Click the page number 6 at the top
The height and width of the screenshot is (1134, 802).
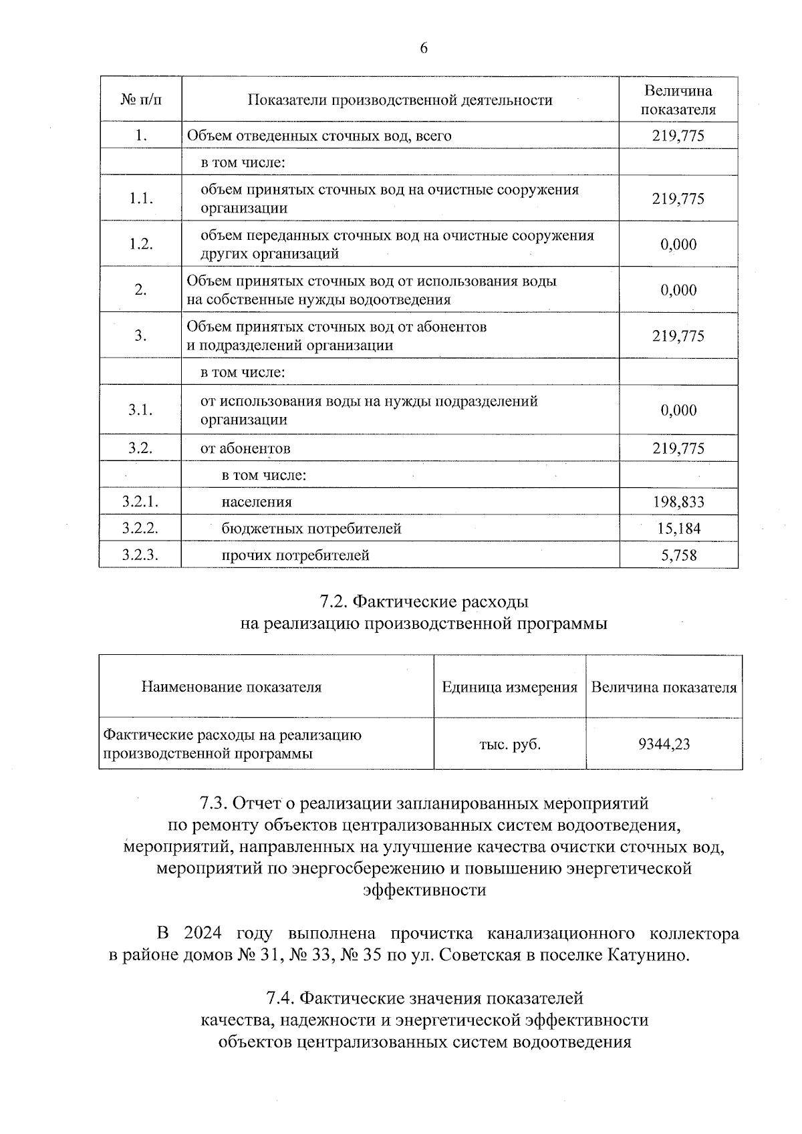[x=423, y=48]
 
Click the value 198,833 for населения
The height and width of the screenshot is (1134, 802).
[x=678, y=502]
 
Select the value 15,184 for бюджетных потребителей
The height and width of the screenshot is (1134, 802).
[x=678, y=529]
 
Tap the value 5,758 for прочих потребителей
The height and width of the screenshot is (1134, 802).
[x=678, y=555]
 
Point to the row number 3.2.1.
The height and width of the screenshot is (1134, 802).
[x=140, y=502]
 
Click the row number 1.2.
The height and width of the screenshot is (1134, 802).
[x=140, y=244]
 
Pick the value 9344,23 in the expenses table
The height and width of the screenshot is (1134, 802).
[x=664, y=744]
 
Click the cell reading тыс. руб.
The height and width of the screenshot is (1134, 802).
[x=510, y=744]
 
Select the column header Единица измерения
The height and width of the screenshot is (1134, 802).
[x=510, y=688]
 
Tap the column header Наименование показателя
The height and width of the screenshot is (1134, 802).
[x=231, y=688]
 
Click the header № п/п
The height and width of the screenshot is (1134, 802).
[x=140, y=100]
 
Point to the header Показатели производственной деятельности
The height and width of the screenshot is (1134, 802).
[x=400, y=100]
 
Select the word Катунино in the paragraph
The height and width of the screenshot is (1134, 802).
[x=647, y=955]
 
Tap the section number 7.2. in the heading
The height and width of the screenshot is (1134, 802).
[x=331, y=602]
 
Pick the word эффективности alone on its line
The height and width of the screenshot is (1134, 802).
[x=424, y=891]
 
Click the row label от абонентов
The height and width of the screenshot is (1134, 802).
[x=246, y=448]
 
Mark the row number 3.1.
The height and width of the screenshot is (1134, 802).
[x=140, y=410]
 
